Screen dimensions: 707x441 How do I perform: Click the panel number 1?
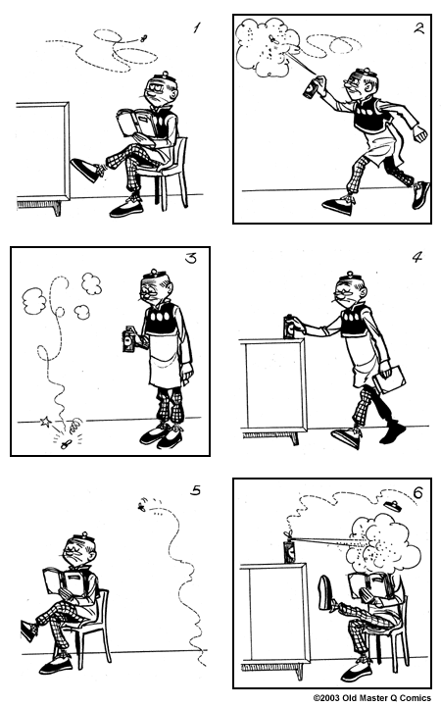pyautogui.click(x=196, y=27)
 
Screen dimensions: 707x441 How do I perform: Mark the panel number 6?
pyautogui.click(x=417, y=492)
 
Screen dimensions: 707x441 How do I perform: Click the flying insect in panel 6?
pyautogui.click(x=392, y=506)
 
